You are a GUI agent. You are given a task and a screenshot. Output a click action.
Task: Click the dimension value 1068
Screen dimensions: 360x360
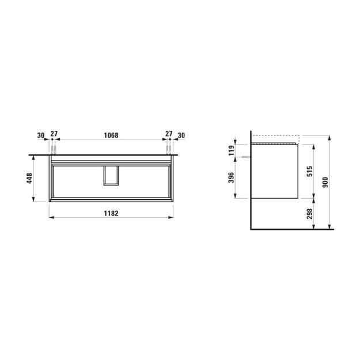111,135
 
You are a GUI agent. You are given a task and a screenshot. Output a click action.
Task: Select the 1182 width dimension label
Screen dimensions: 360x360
111,214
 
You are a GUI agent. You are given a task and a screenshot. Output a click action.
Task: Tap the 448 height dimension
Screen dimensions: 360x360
29,178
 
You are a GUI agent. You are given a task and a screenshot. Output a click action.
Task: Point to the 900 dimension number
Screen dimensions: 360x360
325,182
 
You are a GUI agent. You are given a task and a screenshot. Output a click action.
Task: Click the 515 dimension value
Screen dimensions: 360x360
310,171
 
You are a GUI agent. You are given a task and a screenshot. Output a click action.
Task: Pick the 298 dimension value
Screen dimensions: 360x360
310,214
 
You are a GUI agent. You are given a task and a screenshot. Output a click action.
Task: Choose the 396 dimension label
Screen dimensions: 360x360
232,177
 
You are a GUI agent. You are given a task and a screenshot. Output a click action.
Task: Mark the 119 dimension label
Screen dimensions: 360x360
232,150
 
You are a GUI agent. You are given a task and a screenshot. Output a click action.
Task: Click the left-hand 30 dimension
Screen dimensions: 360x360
41,135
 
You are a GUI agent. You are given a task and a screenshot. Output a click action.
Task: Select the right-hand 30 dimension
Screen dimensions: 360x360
181,135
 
